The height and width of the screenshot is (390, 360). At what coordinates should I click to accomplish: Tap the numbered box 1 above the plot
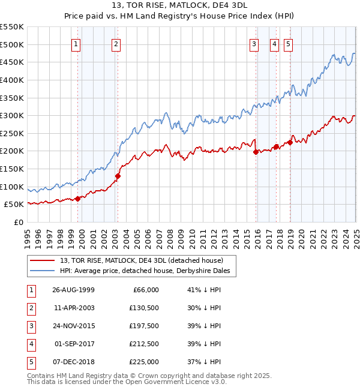tap(77, 44)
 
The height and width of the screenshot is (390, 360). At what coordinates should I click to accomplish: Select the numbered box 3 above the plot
tap(254, 44)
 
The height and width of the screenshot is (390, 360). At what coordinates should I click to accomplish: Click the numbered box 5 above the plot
tap(289, 44)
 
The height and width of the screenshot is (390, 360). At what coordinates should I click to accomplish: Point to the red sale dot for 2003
tap(118, 176)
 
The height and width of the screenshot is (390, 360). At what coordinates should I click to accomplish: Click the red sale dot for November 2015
tap(256, 152)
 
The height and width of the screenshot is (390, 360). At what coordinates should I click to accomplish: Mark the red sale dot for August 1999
tap(77, 199)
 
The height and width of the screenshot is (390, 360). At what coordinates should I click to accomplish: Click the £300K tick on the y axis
tap(13, 115)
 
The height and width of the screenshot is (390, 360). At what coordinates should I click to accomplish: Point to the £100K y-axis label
tap(13, 187)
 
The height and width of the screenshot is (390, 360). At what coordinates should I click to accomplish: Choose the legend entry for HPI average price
tap(148, 271)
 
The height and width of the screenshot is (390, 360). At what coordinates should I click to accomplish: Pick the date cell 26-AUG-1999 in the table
tap(73, 290)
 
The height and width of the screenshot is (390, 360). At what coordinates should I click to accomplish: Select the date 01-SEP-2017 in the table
tap(74, 344)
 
